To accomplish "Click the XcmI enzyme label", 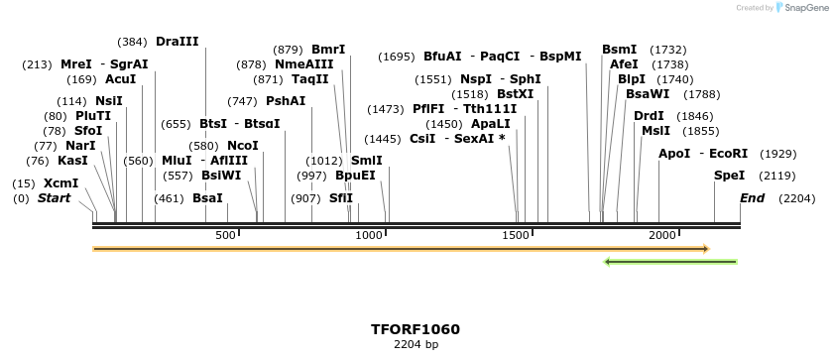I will [61, 183].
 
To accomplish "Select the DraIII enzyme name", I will [178, 42].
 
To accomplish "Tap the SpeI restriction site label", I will [729, 176].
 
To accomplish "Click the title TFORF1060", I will [416, 329].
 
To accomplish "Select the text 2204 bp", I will [416, 345].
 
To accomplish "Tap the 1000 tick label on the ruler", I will [369, 235].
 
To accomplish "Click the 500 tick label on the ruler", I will [225, 235].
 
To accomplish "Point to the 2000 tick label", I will [661, 235].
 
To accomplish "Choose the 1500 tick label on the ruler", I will [516, 235].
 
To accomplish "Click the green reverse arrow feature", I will [670, 262].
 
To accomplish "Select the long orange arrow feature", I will [401, 249].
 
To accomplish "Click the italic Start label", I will [55, 198].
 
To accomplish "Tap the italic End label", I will [752, 198].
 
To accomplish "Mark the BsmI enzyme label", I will [619, 50].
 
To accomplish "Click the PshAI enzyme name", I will [286, 101].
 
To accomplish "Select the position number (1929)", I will [777, 154].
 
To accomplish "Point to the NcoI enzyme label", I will [243, 146].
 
